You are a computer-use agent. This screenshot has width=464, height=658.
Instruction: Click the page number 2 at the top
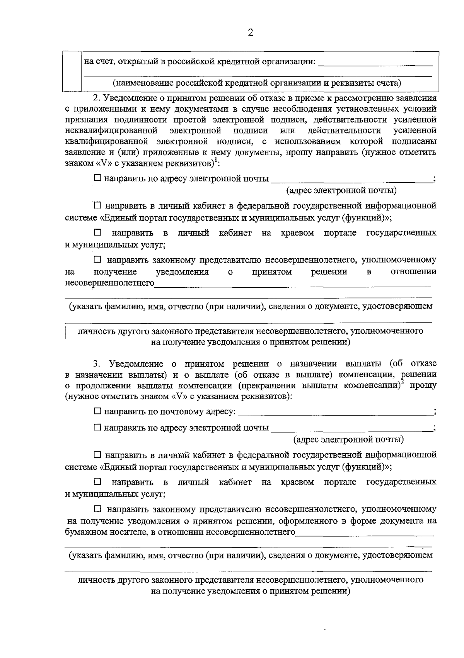point(250,33)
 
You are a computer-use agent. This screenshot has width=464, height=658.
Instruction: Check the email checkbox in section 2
point(97,178)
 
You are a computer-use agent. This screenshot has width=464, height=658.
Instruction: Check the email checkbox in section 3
point(97,427)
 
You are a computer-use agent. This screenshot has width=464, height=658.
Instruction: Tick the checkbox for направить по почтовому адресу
point(97,412)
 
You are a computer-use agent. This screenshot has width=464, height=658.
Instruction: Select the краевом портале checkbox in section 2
point(97,233)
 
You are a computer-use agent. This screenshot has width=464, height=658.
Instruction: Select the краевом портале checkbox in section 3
point(97,482)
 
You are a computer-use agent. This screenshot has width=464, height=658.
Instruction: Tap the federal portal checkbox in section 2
point(97,205)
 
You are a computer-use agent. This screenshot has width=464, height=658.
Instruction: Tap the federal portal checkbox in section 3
point(97,454)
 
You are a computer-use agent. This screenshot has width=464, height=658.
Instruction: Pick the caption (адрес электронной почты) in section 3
point(348,439)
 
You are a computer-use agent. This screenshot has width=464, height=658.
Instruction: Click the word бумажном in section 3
point(85,533)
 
